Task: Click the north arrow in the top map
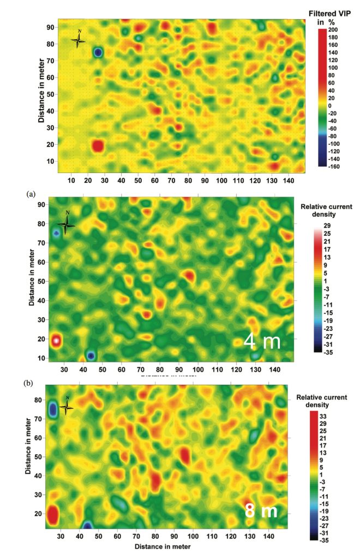79,40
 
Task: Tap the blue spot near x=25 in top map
98,52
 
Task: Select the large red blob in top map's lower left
98,146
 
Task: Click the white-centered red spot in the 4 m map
56,340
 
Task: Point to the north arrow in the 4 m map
67,224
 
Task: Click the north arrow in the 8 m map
67,407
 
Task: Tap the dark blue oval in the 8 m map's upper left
53,409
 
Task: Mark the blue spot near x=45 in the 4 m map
91,356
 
